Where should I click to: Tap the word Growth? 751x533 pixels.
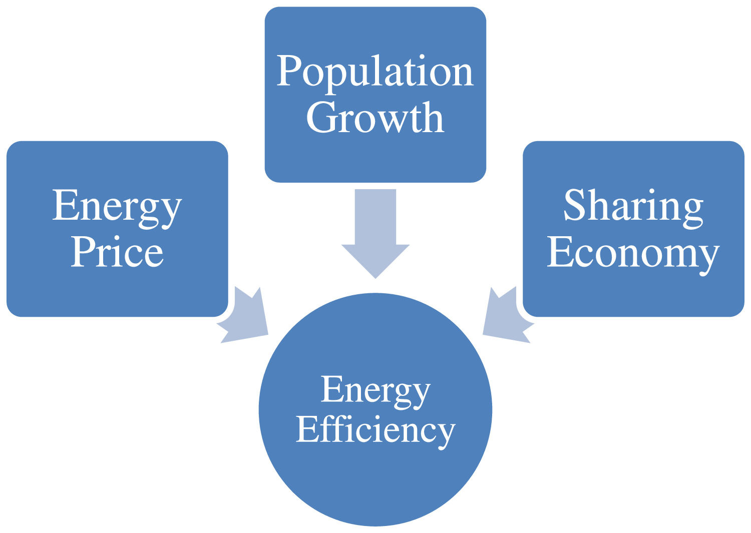pyautogui.click(x=375, y=119)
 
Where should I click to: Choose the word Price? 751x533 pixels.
pyautogui.click(x=117, y=252)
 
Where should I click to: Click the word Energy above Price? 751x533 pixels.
pyautogui.click(x=117, y=207)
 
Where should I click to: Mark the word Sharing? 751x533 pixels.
pyautogui.click(x=633, y=207)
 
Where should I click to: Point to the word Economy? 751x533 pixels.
pyautogui.click(x=633, y=253)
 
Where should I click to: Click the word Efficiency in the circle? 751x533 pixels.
pyautogui.click(x=375, y=430)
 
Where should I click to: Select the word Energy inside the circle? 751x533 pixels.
pyautogui.click(x=375, y=390)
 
